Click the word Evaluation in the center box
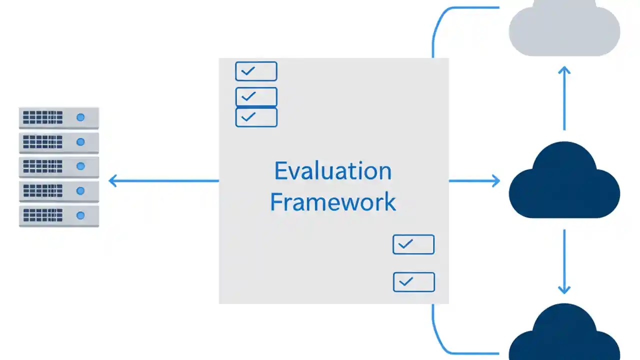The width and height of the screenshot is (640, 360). (x=332, y=171)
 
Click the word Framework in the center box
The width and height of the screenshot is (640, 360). (x=332, y=202)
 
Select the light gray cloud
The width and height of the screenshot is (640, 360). (x=564, y=30)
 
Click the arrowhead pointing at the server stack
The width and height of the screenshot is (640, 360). (x=112, y=180)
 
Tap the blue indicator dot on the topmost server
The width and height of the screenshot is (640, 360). (x=80, y=118)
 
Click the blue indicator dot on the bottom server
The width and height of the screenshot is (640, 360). (x=80, y=215)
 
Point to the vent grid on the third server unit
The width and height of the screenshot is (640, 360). (x=43, y=166)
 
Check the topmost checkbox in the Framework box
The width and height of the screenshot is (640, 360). (x=256, y=71)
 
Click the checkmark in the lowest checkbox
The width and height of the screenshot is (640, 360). (x=406, y=282)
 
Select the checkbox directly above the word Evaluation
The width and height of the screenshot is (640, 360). (x=256, y=117)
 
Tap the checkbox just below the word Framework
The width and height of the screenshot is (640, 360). (x=413, y=244)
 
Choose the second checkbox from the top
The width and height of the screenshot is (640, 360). (x=256, y=96)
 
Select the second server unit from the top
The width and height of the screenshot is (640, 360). (x=59, y=142)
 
